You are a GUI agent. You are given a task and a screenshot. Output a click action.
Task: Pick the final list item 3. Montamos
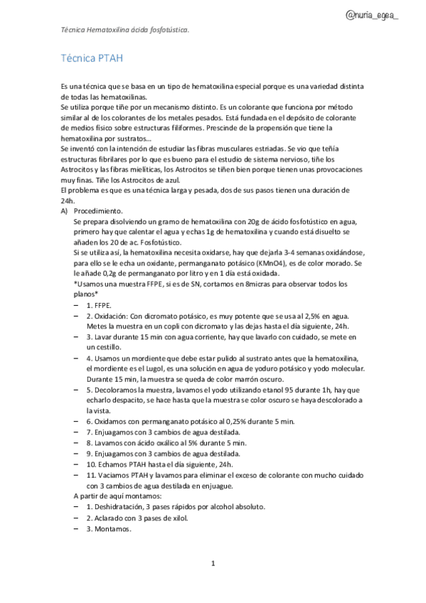click(108, 528)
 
